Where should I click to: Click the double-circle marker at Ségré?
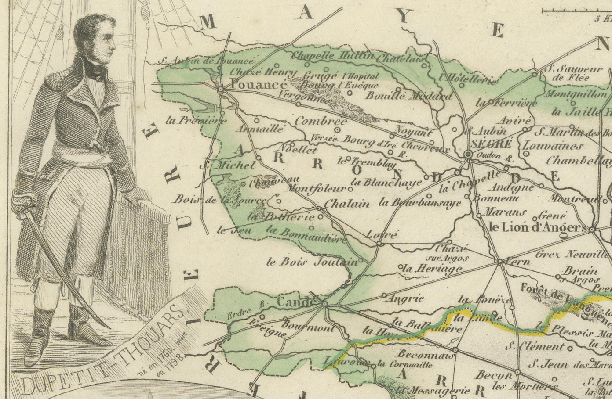click(x=468, y=154)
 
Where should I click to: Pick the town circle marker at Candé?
click(x=324, y=304)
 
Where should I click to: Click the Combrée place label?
click(x=321, y=121)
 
